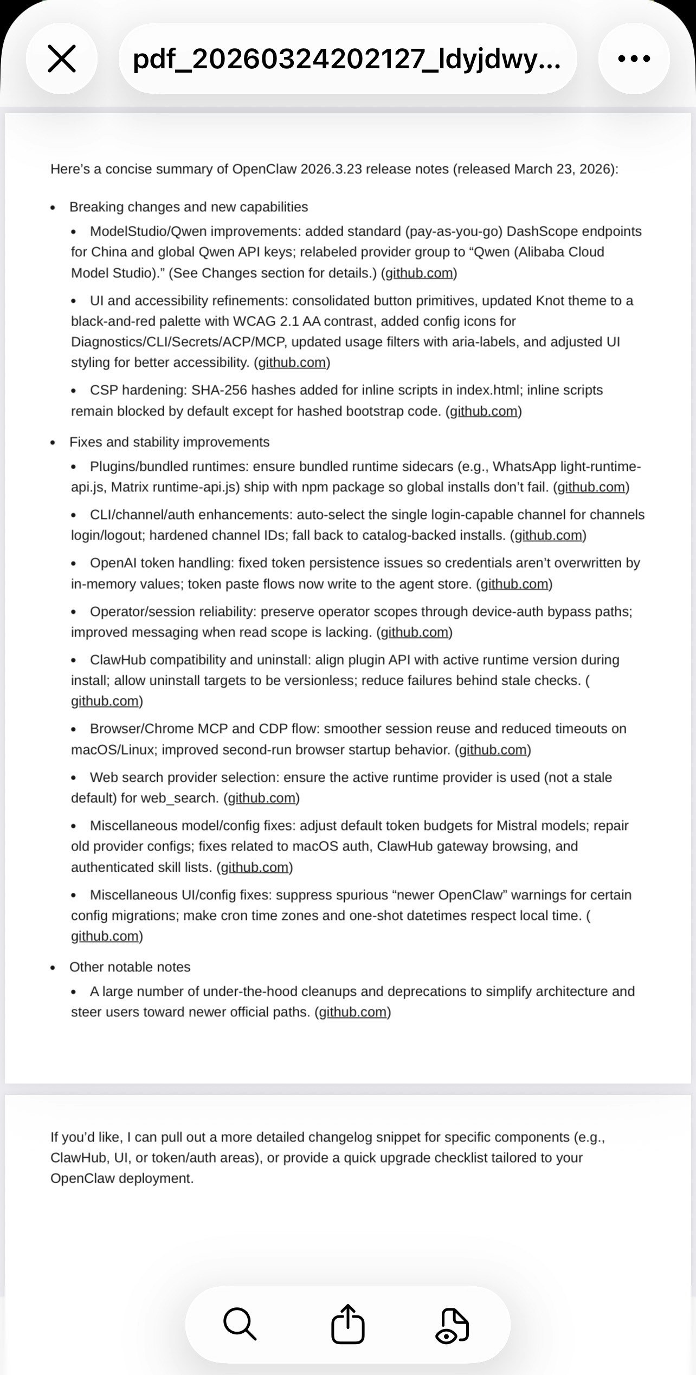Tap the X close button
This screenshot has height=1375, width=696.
(x=62, y=59)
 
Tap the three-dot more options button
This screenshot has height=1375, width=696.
(x=634, y=59)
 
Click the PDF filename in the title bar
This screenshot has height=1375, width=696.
(x=347, y=59)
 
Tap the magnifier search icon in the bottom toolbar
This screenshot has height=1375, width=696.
(x=240, y=1324)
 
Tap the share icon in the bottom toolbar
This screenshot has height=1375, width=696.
(x=347, y=1324)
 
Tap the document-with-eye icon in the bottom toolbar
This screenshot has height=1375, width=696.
(x=453, y=1324)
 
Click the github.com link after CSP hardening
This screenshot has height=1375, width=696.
(x=484, y=411)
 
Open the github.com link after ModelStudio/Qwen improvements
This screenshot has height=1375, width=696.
(x=418, y=273)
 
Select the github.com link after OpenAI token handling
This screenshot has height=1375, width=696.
(x=514, y=584)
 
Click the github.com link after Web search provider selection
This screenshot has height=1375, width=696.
(x=261, y=798)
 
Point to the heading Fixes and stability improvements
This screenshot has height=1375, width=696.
(x=169, y=442)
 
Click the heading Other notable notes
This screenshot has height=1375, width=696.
(x=130, y=967)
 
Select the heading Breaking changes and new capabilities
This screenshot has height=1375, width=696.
(x=189, y=207)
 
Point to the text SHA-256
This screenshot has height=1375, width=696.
(x=218, y=390)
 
